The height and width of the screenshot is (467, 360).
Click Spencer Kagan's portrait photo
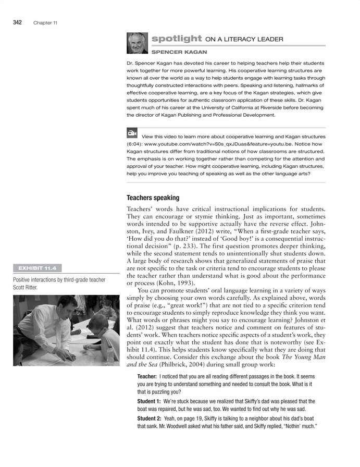tap(136, 44)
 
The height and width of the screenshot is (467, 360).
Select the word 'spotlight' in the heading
tap(177, 39)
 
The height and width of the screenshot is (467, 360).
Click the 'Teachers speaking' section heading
tap(153, 198)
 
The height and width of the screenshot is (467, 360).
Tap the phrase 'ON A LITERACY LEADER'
tap(244, 39)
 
